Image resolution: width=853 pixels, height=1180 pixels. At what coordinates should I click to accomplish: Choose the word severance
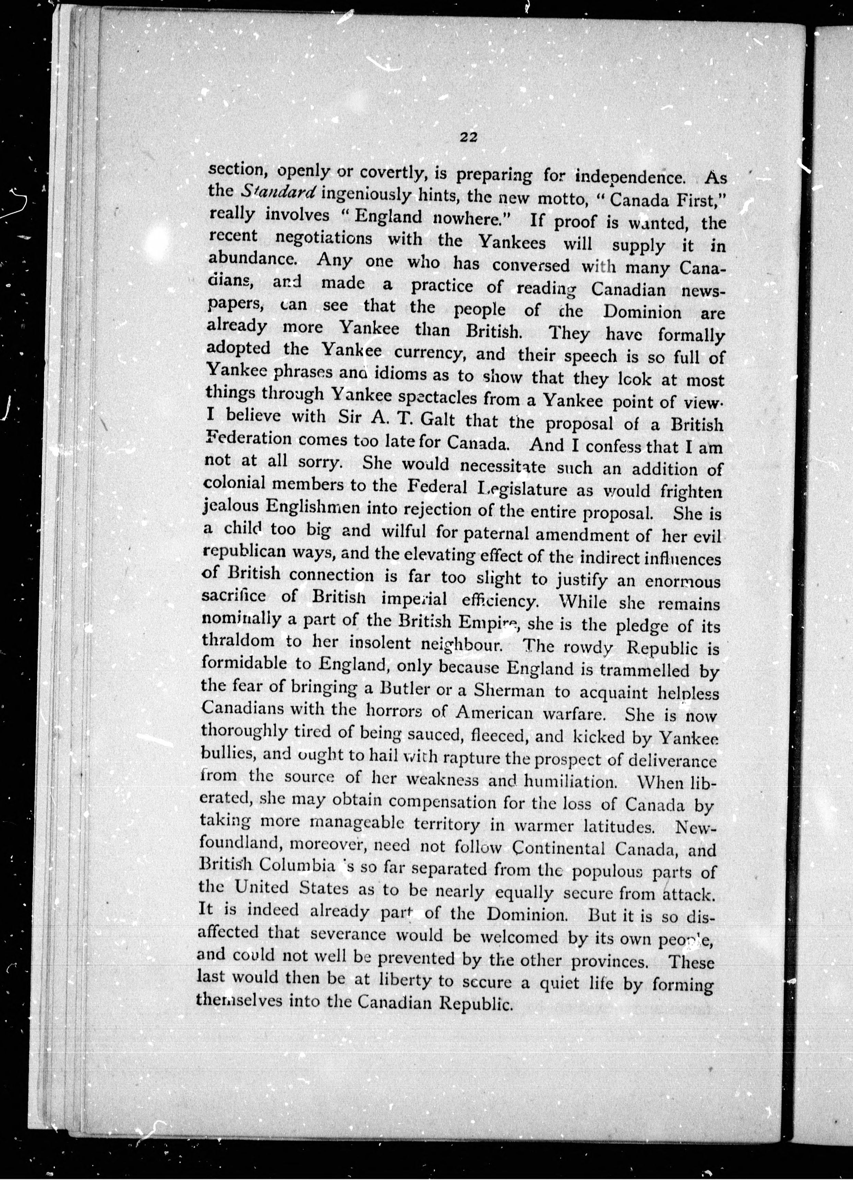point(348,935)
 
